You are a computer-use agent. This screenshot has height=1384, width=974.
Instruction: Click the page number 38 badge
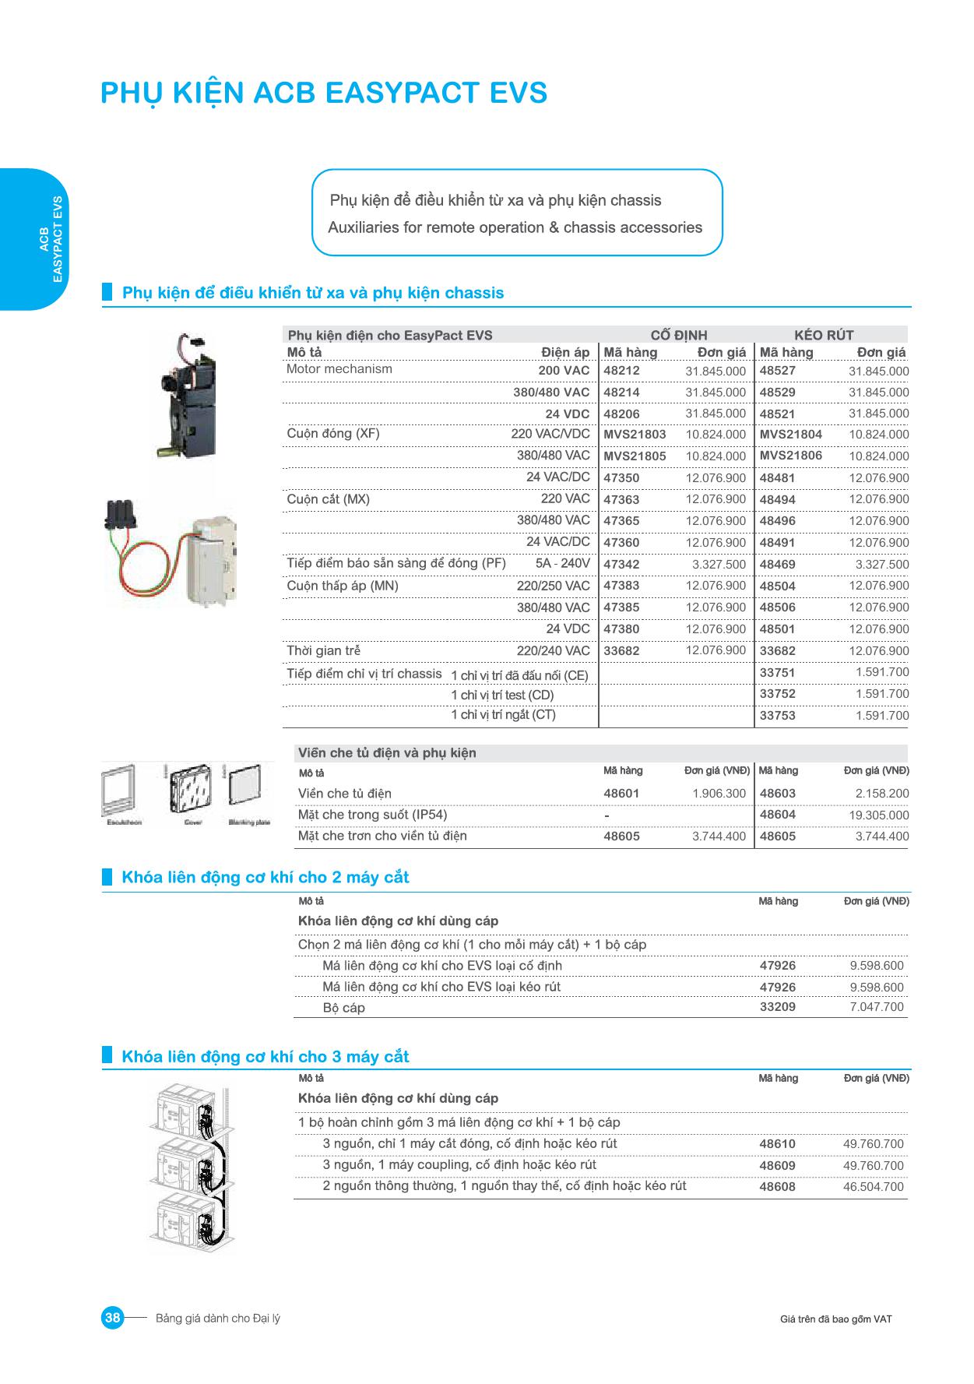coord(112,1318)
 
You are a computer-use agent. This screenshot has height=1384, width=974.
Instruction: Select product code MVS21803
coord(635,435)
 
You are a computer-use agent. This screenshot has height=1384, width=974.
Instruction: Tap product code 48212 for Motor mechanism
coord(621,371)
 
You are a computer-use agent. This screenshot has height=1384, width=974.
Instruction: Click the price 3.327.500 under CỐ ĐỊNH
coord(719,564)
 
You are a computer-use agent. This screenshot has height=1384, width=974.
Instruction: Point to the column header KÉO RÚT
coord(824,335)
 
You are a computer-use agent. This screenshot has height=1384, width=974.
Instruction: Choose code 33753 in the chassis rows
coord(777,715)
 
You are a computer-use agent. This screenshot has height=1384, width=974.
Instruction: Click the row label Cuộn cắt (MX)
coord(328,499)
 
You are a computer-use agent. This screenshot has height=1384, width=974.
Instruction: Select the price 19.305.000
coord(878,815)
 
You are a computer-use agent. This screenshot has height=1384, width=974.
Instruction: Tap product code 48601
coord(621,794)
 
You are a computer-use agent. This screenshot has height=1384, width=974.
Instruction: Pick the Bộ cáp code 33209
coord(777,1007)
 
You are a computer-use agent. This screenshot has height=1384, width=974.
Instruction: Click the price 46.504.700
coord(873,1187)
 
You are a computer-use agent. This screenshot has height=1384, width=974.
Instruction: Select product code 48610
coord(777,1144)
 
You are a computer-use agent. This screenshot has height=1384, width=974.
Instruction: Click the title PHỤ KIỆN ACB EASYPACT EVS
coord(324,93)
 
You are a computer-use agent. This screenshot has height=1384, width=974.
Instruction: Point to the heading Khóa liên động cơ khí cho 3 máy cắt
coord(265,1057)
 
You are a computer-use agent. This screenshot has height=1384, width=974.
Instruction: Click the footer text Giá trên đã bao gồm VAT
coord(835,1319)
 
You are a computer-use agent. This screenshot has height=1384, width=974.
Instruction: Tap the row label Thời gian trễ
coord(323,650)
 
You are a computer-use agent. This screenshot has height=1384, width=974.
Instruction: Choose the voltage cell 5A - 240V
coord(562,563)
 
